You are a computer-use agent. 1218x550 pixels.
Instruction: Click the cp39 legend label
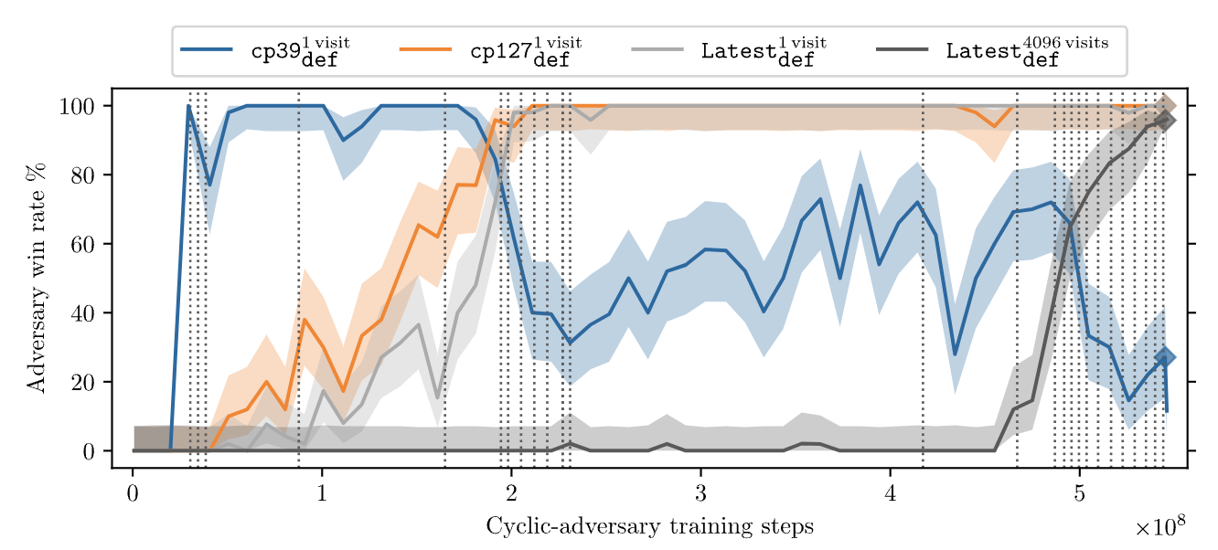click(300, 52)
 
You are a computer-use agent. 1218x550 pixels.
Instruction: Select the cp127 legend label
click(526, 52)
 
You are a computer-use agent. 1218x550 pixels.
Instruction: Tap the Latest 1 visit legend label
click(764, 52)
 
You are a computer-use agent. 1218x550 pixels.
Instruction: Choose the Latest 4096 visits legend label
click(1027, 52)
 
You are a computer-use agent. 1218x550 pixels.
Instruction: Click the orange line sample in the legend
click(425, 49)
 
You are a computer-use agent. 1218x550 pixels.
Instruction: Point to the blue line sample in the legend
click(207, 49)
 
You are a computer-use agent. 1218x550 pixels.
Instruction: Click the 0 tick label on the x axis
click(133, 493)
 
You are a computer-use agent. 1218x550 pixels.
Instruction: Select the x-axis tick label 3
click(700, 493)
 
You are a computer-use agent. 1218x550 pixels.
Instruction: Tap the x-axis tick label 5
click(1079, 493)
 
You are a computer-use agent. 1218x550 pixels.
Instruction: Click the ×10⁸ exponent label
click(1159, 525)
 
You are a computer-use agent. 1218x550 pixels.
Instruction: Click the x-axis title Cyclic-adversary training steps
click(650, 526)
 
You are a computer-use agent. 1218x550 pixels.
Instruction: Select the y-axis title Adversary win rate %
click(36, 278)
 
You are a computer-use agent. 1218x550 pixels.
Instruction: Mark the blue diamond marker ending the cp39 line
click(1165, 357)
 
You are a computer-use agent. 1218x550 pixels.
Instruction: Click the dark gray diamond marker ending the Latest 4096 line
click(1165, 121)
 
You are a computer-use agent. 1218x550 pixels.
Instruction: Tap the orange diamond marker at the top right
click(1165, 106)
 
